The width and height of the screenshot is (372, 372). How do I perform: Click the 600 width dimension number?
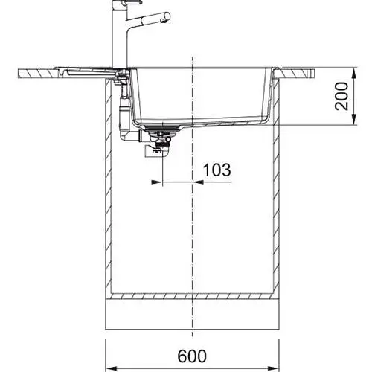(x=192, y=356)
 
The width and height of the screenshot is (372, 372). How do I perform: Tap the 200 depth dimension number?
(x=341, y=96)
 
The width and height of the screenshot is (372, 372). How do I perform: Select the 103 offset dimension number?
(x=217, y=170)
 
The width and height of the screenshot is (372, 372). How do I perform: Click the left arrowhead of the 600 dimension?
(x=111, y=367)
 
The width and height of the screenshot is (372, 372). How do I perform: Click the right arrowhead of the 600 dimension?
(x=274, y=367)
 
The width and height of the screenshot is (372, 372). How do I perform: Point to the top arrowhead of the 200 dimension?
(x=354, y=73)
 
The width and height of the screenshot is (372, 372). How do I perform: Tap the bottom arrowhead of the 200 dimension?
(x=354, y=119)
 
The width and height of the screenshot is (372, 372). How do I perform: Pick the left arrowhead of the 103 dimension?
(x=156, y=182)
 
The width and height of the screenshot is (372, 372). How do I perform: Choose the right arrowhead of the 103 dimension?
(x=198, y=182)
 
